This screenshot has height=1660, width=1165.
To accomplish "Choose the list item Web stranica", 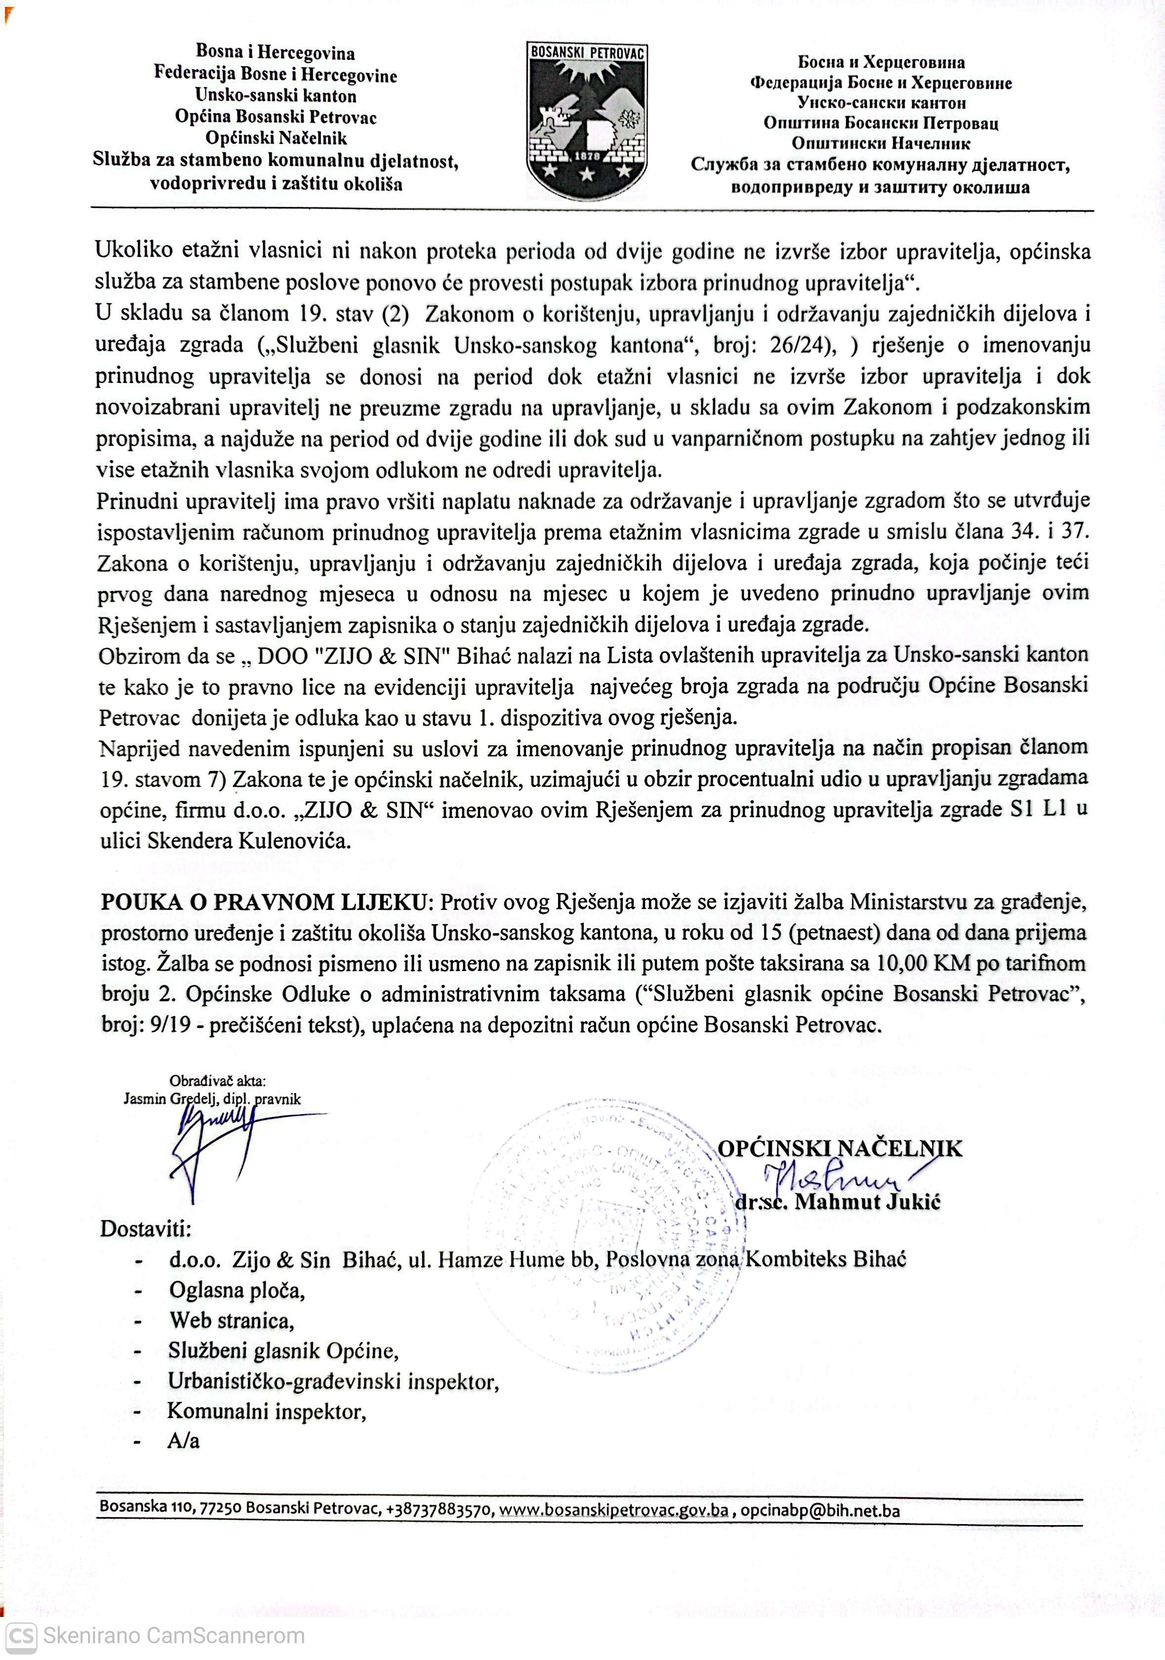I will [231, 1320].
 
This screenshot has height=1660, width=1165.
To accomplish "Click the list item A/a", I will [183, 1441].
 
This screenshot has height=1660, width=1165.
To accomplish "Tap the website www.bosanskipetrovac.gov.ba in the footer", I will [614, 1510].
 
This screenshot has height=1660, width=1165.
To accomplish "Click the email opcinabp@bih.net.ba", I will [820, 1510].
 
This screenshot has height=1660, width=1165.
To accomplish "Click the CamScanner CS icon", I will [20, 1635].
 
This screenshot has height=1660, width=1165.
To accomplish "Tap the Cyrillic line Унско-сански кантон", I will [881, 103].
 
